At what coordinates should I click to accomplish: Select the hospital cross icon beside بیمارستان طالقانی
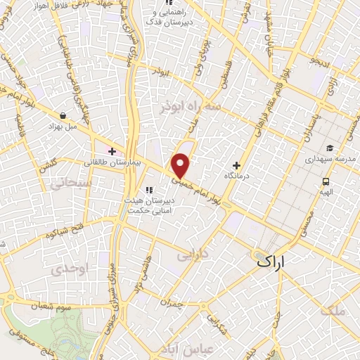112,150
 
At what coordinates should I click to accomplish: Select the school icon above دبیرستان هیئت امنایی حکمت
148,189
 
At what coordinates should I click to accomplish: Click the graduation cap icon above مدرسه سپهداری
329,148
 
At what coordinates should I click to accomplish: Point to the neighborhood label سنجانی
67,183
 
